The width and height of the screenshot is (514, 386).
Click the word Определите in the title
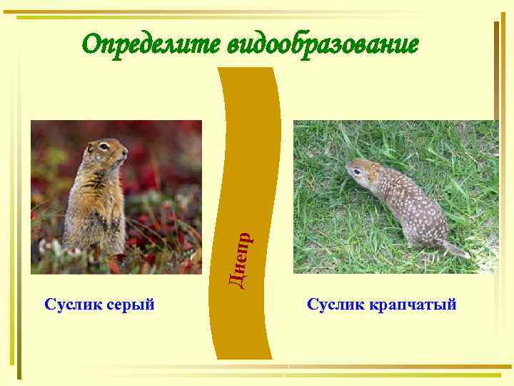[x=151, y=45]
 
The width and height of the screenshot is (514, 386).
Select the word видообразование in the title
[x=322, y=45]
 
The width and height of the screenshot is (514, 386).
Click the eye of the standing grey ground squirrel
[x=104, y=146]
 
